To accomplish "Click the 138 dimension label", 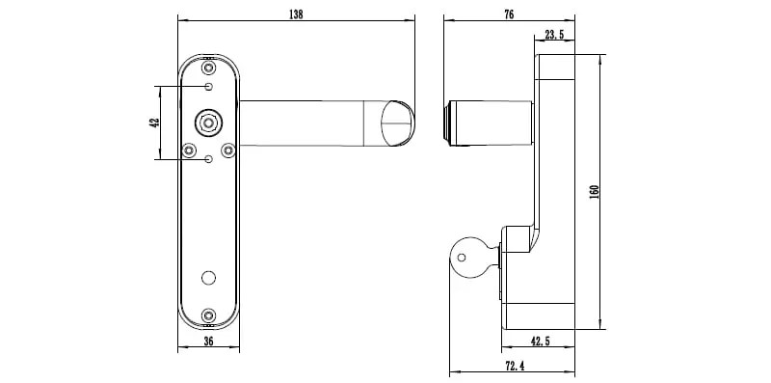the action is click(296, 14).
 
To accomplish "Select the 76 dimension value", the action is click(509, 14).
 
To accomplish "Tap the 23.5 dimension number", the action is click(554, 35).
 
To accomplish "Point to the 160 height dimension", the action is click(594, 191).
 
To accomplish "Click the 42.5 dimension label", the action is click(540, 341).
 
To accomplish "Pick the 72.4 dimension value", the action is click(515, 366).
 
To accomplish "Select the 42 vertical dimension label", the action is click(154, 123).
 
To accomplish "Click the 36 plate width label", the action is click(208, 341).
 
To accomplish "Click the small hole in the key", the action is click(462, 257).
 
